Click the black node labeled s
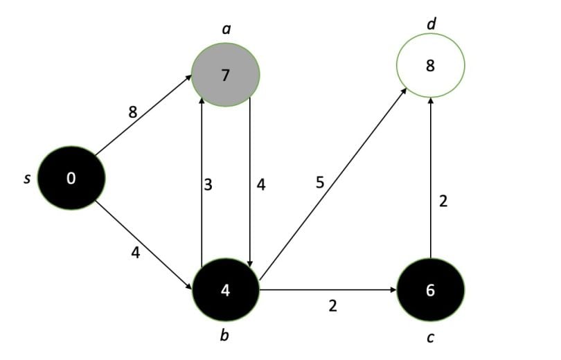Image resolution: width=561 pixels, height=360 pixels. [x=71, y=178]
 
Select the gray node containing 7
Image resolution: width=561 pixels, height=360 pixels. [x=225, y=74]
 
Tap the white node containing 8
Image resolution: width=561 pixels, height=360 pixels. [x=430, y=66]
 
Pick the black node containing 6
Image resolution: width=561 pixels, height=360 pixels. [x=430, y=290]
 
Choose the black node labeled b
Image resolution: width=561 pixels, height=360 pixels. [x=225, y=290]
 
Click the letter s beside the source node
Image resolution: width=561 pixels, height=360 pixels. [x=27, y=179]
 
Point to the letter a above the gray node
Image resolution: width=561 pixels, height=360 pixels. [x=226, y=30]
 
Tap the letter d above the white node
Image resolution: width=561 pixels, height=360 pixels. [x=431, y=25]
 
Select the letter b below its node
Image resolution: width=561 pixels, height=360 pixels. [x=225, y=336]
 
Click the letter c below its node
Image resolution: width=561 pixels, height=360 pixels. [x=430, y=337]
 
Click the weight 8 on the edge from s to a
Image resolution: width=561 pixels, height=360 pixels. [x=132, y=112]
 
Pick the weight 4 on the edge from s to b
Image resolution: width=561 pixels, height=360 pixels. [x=136, y=253]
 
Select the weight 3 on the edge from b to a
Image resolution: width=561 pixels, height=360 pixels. [x=208, y=185]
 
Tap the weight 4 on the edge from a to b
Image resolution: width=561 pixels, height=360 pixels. [x=260, y=185]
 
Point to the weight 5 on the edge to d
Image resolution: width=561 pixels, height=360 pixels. [x=319, y=183]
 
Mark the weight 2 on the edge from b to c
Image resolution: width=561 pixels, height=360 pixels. [x=332, y=305]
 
